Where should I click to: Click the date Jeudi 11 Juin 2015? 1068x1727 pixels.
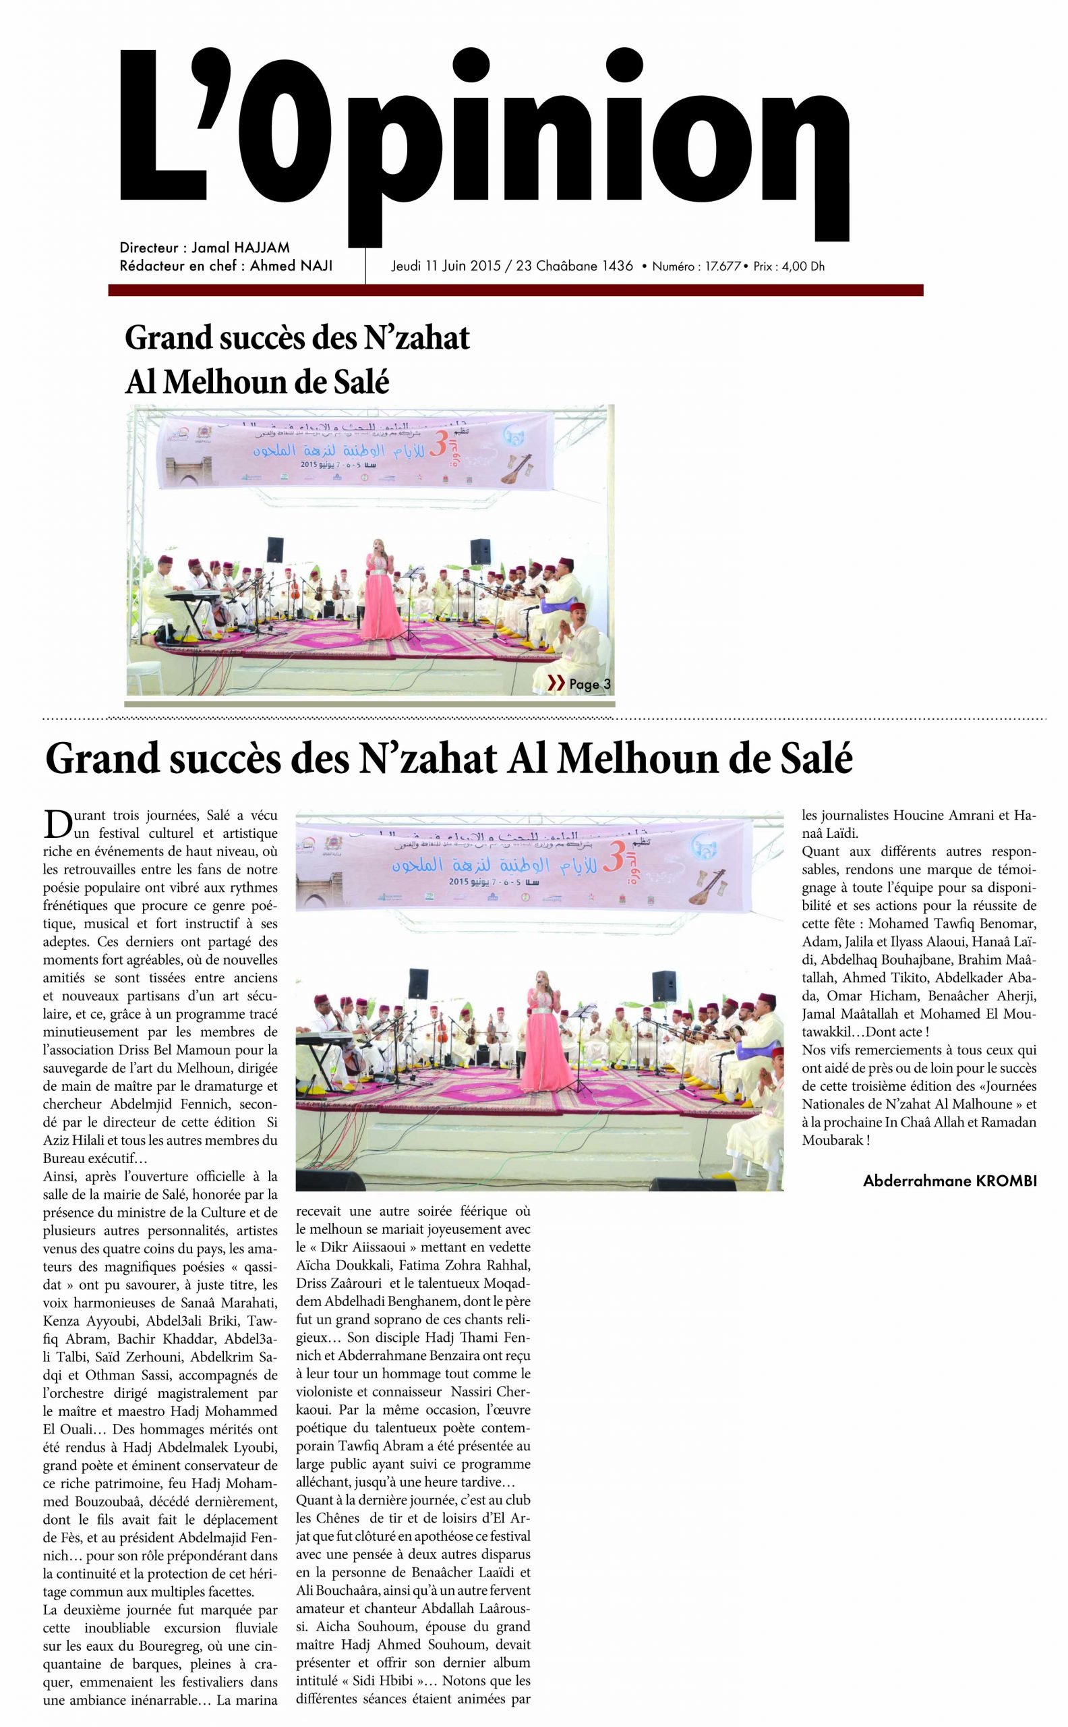(446, 266)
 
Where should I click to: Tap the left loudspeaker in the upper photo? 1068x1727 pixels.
(275, 550)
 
